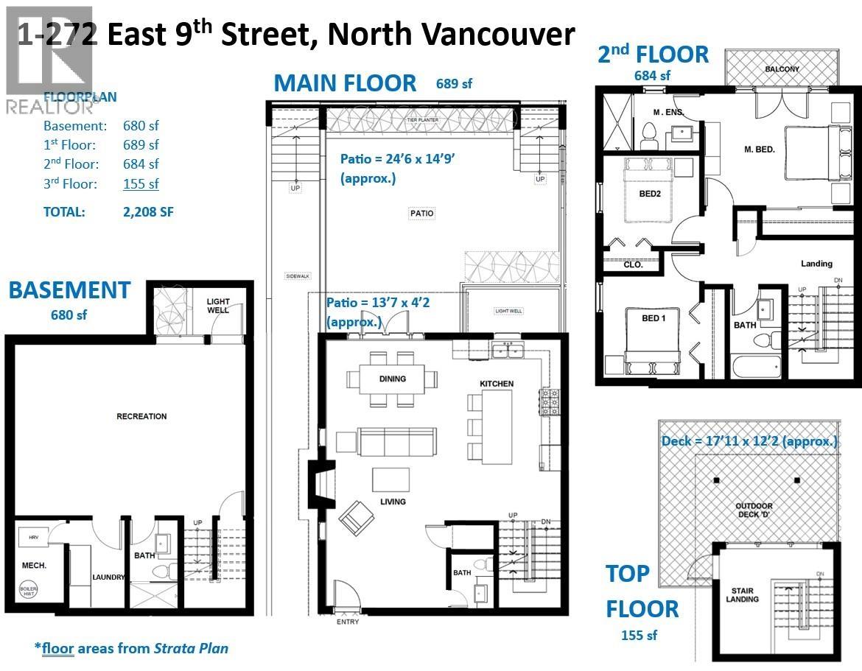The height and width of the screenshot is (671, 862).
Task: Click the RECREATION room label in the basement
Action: [x=141, y=416]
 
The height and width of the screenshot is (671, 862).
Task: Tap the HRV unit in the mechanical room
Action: [x=33, y=538]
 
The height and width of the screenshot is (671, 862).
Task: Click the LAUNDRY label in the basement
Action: [x=108, y=577]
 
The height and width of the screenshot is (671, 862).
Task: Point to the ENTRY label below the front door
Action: [x=347, y=622]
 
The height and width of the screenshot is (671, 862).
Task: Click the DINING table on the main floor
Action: [x=393, y=379]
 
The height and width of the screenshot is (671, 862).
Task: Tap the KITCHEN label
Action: [x=496, y=384]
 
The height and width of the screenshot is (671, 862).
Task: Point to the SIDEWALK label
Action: [x=298, y=276]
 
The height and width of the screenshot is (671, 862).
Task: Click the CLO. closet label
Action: [x=633, y=264]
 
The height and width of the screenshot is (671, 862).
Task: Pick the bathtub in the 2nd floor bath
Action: [x=756, y=366]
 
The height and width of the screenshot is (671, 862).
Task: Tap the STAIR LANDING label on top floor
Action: [x=741, y=594]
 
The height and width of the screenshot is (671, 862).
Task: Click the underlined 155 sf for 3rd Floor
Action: [x=140, y=183]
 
